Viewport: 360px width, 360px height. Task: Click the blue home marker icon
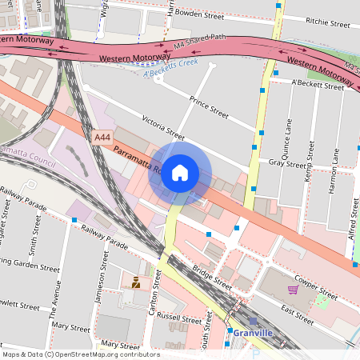tap(180, 173)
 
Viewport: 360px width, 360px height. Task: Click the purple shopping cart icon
tap(293, 289)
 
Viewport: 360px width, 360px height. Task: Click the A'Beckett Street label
tap(318, 83)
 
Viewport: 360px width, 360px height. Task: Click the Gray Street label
tap(287, 162)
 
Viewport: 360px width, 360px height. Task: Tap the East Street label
tap(296, 313)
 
